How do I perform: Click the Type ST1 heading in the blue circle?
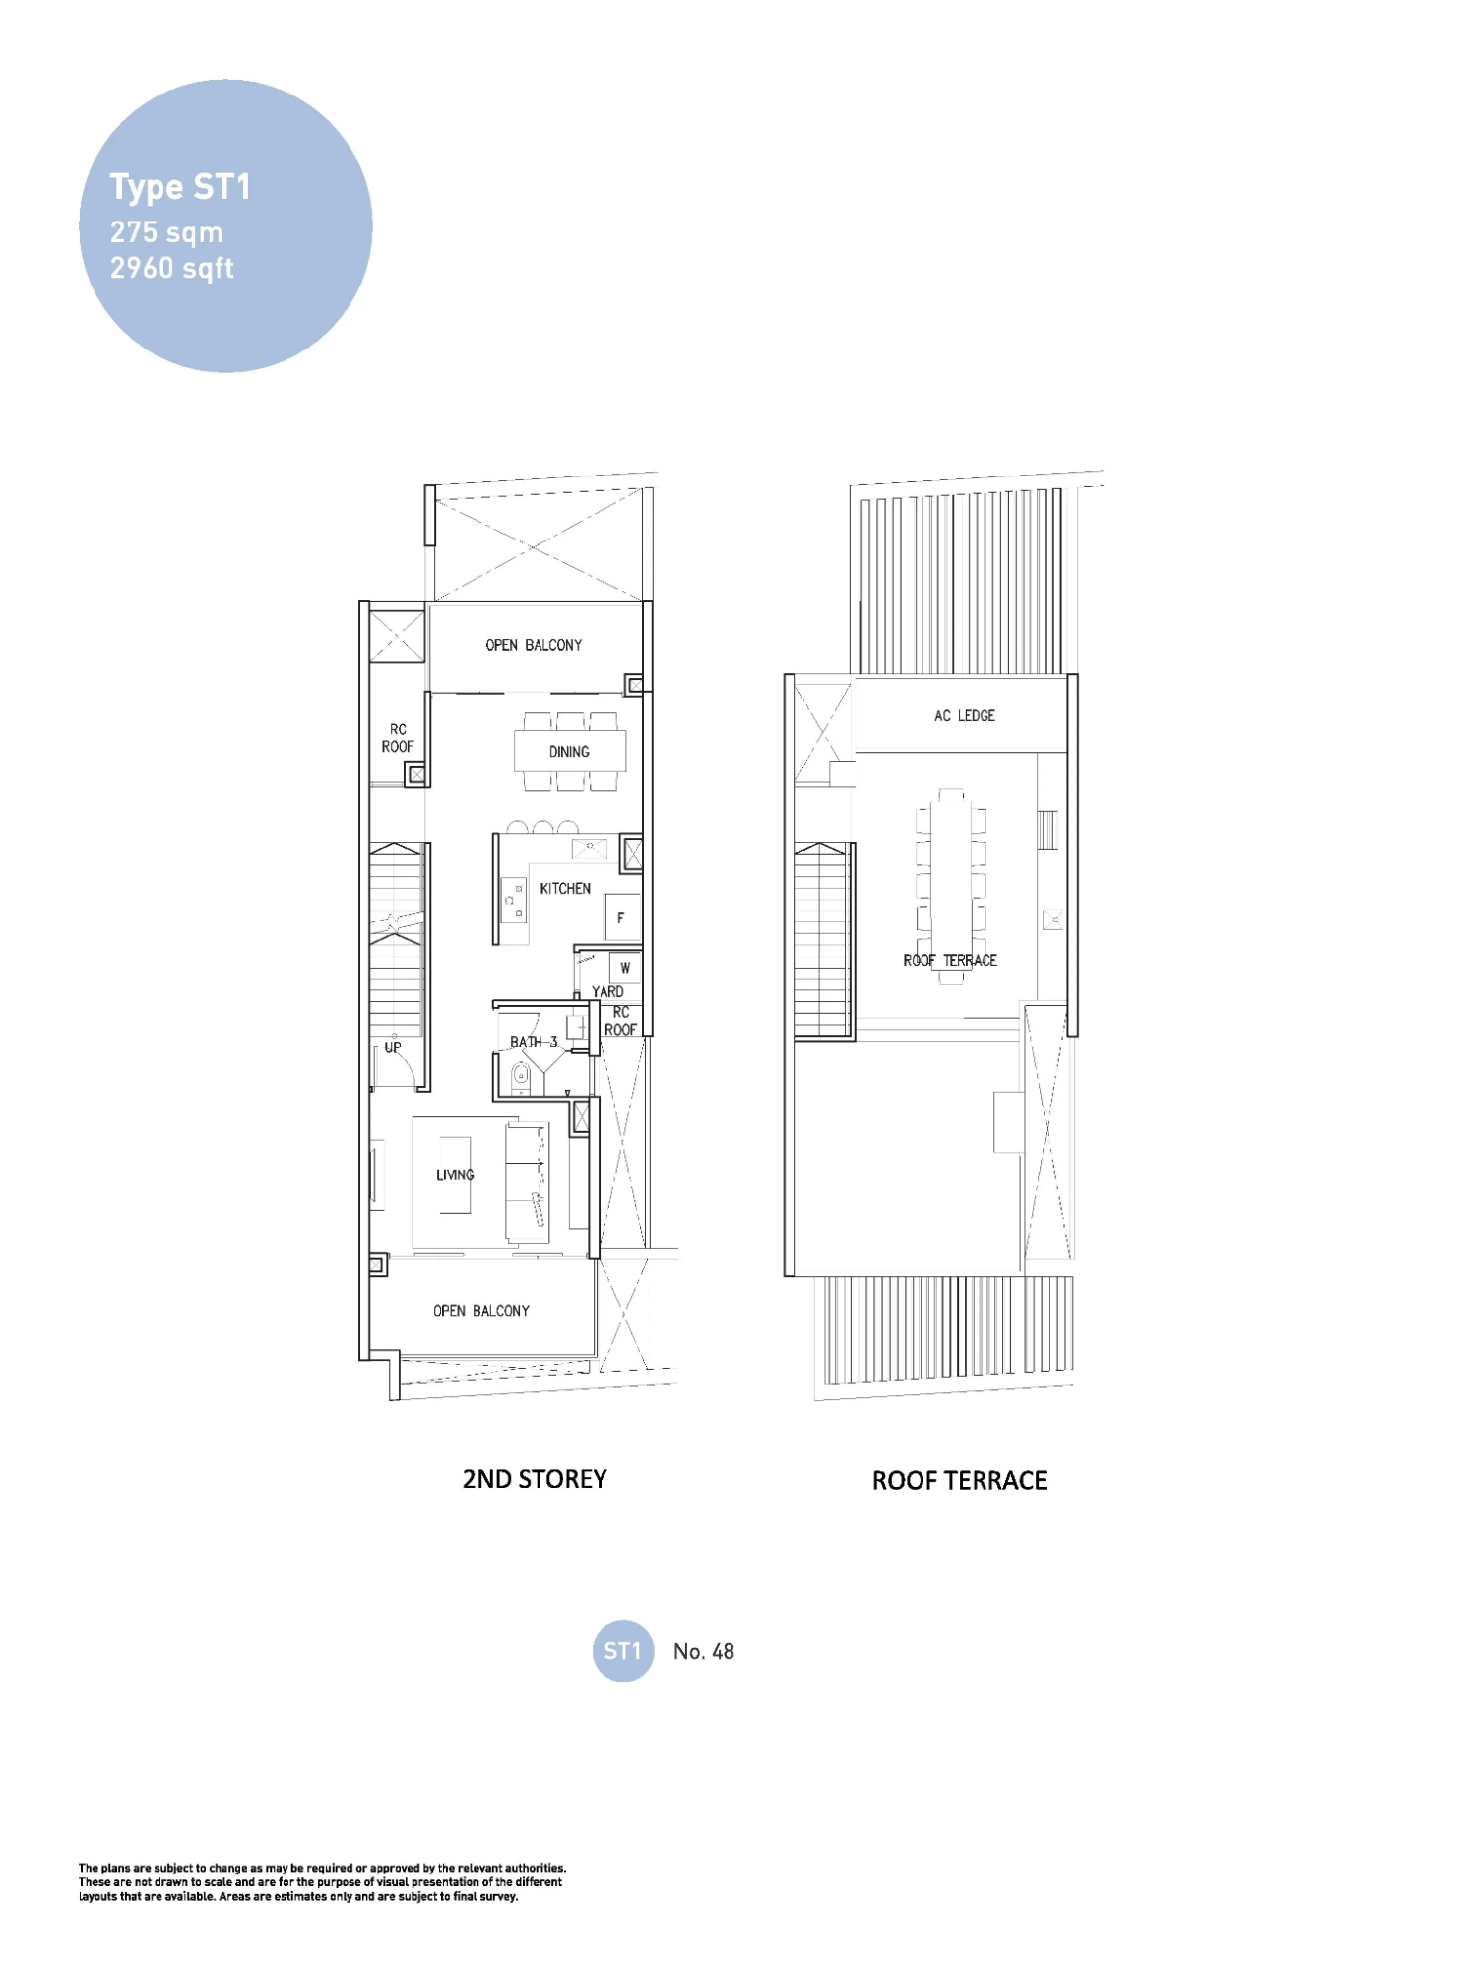pyautogui.click(x=180, y=187)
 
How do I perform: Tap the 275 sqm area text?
pyautogui.click(x=166, y=233)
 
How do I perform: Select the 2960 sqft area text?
pyautogui.click(x=172, y=268)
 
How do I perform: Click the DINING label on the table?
pyautogui.click(x=569, y=752)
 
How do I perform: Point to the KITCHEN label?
pyautogui.click(x=565, y=888)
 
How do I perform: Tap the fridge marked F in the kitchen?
pyautogui.click(x=621, y=918)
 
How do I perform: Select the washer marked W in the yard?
pyautogui.click(x=625, y=968)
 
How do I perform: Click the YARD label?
pyautogui.click(x=607, y=991)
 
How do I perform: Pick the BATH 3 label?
pyautogui.click(x=534, y=1042)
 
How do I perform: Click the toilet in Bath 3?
pyautogui.click(x=521, y=1078)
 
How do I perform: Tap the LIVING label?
pyautogui.click(x=455, y=1174)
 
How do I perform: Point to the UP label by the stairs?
pyautogui.click(x=393, y=1047)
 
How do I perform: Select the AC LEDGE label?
pyautogui.click(x=964, y=716)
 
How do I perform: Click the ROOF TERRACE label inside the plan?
pyautogui.click(x=950, y=960)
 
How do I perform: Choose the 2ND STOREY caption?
pyautogui.click(x=535, y=1479)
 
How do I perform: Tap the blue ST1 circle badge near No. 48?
pyautogui.click(x=622, y=1651)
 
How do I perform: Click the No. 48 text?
pyautogui.click(x=704, y=1652)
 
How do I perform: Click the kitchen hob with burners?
pyautogui.click(x=514, y=901)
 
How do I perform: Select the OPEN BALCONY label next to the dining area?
pyautogui.click(x=534, y=645)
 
